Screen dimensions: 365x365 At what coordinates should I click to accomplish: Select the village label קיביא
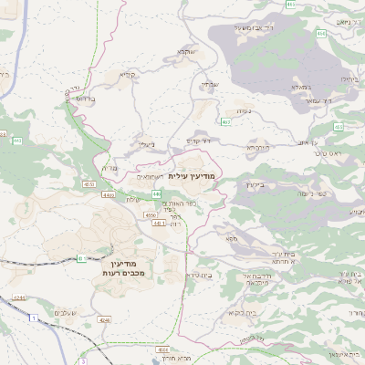(x=127, y=75)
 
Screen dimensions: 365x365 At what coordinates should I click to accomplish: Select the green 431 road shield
(x=81, y=258)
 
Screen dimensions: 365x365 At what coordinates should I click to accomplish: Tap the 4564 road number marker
(x=151, y=216)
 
